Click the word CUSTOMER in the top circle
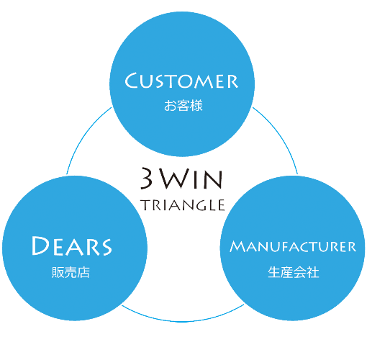(181, 81)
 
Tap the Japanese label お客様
(183, 106)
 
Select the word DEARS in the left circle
(72, 246)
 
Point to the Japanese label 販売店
(71, 272)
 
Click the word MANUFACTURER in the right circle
(293, 246)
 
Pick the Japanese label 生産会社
(294, 272)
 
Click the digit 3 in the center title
(147, 178)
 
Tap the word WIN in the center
(191, 179)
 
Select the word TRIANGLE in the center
(183, 205)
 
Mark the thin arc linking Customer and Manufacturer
(279, 135)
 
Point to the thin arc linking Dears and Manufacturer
(183, 321)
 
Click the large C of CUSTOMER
(132, 81)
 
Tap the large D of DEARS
(41, 246)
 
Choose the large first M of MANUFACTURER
(238, 246)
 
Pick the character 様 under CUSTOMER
(196, 106)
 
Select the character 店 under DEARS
(83, 273)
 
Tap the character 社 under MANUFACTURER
(313, 272)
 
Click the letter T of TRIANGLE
(146, 205)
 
